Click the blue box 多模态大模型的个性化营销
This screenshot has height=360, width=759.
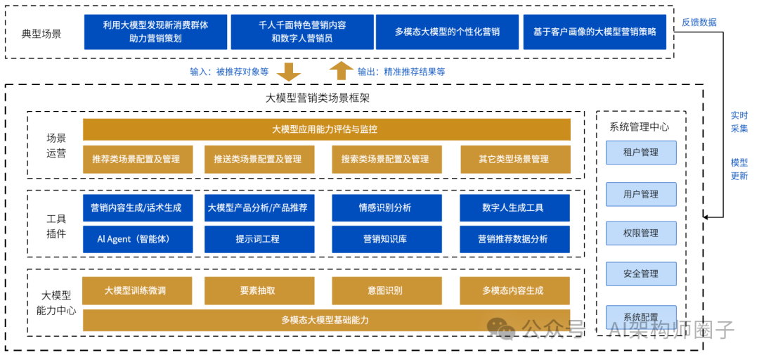pos(447,32)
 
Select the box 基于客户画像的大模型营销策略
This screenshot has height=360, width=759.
pos(595,32)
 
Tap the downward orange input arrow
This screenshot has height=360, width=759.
pos(288,71)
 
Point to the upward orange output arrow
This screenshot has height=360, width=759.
pos(342,70)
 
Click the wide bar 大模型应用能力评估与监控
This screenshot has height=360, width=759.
pos(326,129)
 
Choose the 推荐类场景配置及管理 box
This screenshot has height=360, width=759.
pos(136,159)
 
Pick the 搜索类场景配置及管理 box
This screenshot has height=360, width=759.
pos(385,159)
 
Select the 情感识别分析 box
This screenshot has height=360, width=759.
pos(385,207)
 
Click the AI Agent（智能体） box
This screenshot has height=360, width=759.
pos(136,239)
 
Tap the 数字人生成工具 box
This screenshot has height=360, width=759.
pos(513,207)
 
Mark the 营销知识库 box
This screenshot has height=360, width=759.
pos(385,239)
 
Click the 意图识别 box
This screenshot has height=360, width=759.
pos(385,290)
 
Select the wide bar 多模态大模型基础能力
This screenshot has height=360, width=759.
pos(326,320)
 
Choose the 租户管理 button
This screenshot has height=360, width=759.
pos(641,152)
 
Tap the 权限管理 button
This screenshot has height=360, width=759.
pos(641,233)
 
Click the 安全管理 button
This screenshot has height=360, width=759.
pos(641,274)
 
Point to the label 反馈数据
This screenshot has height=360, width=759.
pos(699,22)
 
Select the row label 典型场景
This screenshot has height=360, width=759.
pos(42,33)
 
